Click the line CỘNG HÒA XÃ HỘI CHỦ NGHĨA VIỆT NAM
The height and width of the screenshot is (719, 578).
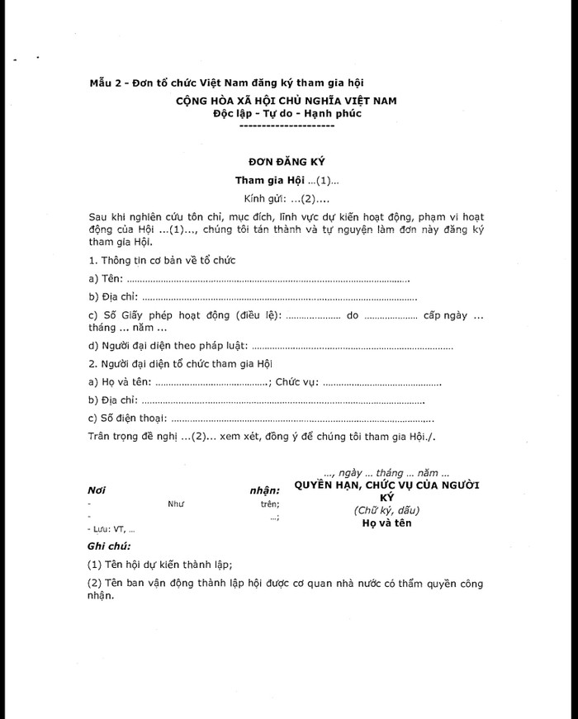coord(286,100)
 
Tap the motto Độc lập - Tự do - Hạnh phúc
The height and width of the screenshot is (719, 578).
coord(286,113)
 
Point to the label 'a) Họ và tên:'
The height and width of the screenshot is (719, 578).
coord(120,383)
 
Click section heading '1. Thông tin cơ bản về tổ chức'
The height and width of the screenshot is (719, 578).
coord(162,261)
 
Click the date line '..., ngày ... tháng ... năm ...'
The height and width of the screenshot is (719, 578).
coord(386,473)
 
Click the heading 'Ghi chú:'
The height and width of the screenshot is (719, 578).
coord(109,546)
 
